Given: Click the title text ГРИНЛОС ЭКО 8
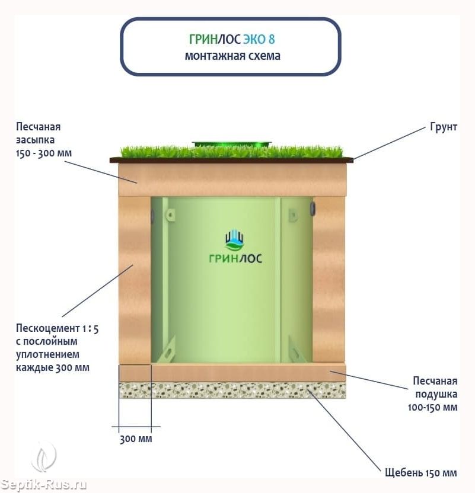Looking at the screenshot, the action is pyautogui.click(x=232, y=39).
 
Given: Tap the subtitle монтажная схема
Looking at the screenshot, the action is pyautogui.click(x=232, y=56).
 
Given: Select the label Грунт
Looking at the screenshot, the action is pyautogui.click(x=444, y=127).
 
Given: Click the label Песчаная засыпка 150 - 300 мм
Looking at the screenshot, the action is pyautogui.click(x=44, y=140).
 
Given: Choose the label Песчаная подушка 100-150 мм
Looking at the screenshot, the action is pyautogui.click(x=433, y=394).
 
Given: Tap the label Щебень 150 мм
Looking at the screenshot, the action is pyautogui.click(x=421, y=473).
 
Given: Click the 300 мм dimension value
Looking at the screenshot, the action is pyautogui.click(x=136, y=438).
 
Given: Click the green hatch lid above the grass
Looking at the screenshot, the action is pyautogui.click(x=231, y=145).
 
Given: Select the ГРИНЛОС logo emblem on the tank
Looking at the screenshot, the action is pyautogui.click(x=235, y=240).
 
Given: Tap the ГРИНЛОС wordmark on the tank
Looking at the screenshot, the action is pyautogui.click(x=235, y=258).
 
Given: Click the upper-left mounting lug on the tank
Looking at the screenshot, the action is pyautogui.click(x=170, y=215).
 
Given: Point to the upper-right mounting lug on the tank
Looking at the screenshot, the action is pyautogui.click(x=293, y=215).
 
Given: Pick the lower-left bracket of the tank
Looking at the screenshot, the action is pyautogui.click(x=166, y=350).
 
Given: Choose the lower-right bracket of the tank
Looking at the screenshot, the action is pyautogui.click(x=296, y=350).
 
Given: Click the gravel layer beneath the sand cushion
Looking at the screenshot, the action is pyautogui.click(x=232, y=390).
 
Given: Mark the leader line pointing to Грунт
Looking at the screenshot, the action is pyautogui.click(x=390, y=143).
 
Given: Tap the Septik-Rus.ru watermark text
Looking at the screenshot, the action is pyautogui.click(x=43, y=485).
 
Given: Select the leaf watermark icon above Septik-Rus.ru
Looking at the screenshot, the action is pyautogui.click(x=44, y=456).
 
